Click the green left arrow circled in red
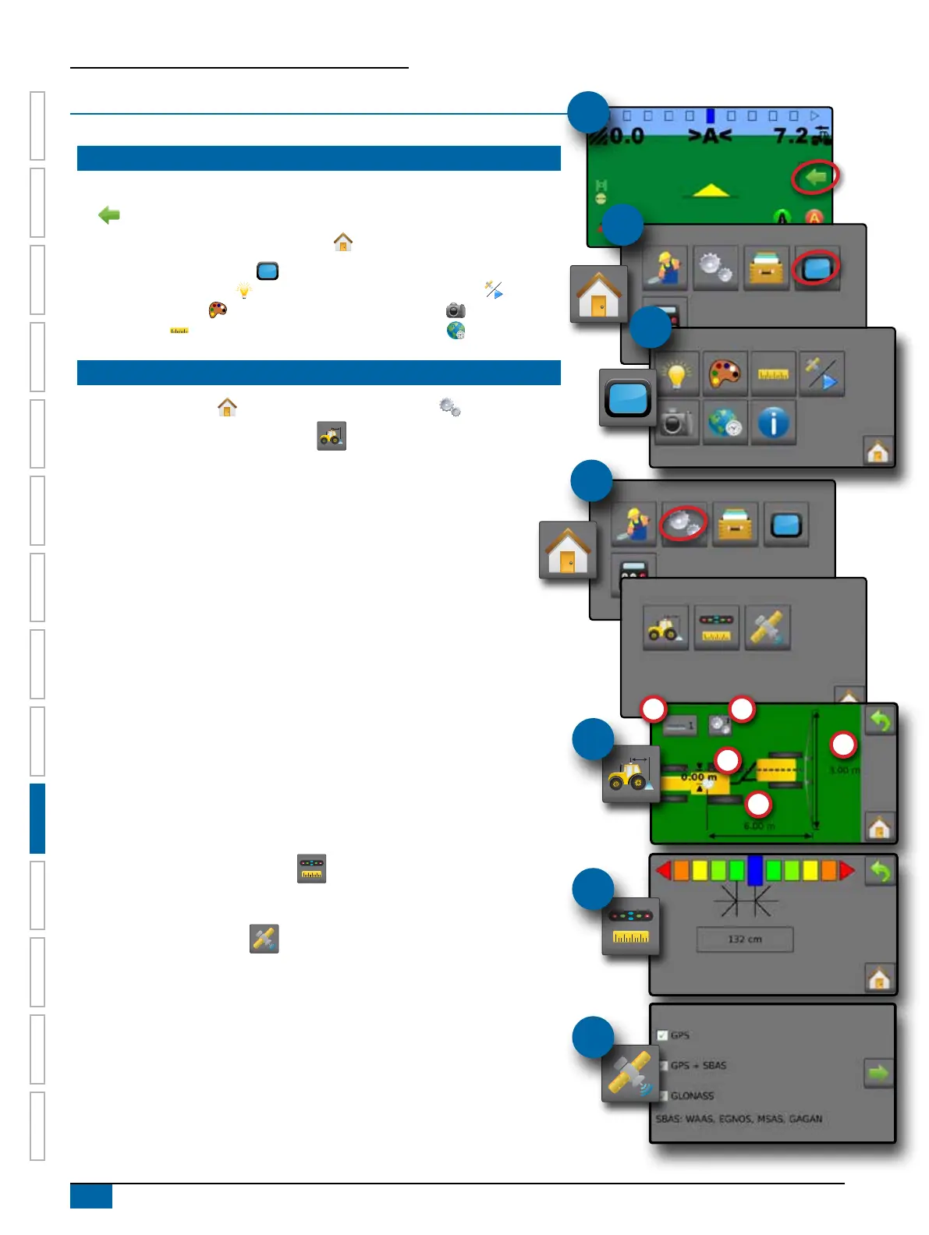815,178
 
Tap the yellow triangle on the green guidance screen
711,189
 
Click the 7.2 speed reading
791,136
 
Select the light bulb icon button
676,374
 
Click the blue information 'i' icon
773,423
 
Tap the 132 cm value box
744,940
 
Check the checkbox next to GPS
662,1035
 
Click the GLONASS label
692,1095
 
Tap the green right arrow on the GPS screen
878,1074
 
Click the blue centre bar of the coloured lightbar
754,870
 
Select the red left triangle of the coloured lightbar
664,870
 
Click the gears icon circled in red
683,523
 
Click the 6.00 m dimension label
759,826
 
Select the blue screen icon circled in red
816,269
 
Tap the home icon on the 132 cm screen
879,978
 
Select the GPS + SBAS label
698,1066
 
